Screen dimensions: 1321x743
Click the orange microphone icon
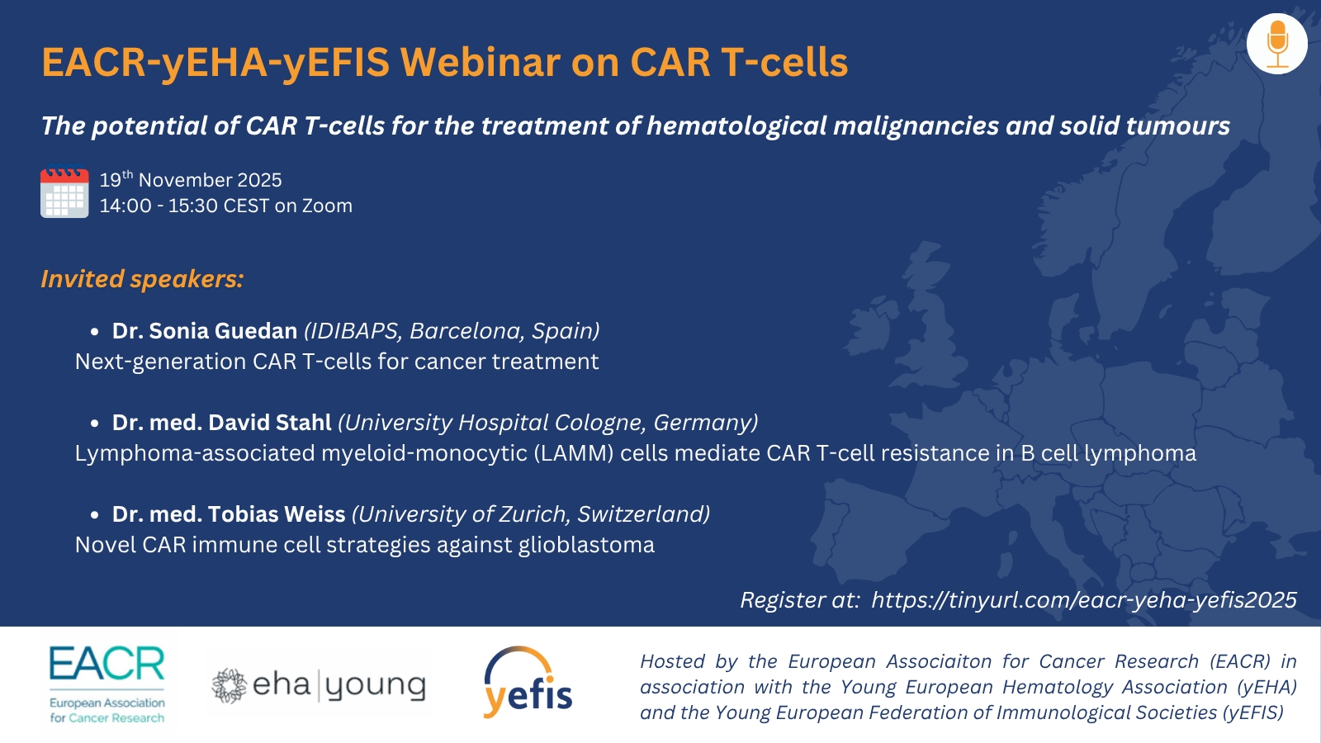click(1277, 45)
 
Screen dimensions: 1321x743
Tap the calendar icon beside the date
click(64, 192)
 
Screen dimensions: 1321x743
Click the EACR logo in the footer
click(107, 684)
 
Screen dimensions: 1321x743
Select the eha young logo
click(319, 686)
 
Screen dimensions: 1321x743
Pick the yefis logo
click(528, 682)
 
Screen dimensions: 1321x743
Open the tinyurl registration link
click(1084, 599)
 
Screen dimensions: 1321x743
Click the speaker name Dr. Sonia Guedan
click(205, 331)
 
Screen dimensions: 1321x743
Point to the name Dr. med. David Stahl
click(222, 422)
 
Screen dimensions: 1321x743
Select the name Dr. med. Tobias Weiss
click(229, 514)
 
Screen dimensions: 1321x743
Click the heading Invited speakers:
click(142, 279)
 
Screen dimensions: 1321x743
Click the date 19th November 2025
click(191, 179)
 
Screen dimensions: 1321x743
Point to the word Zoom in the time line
click(327, 206)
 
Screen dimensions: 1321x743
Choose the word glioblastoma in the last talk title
click(586, 545)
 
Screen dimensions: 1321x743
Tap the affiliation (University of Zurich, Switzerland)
click(531, 515)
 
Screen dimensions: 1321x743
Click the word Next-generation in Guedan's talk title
click(160, 362)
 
